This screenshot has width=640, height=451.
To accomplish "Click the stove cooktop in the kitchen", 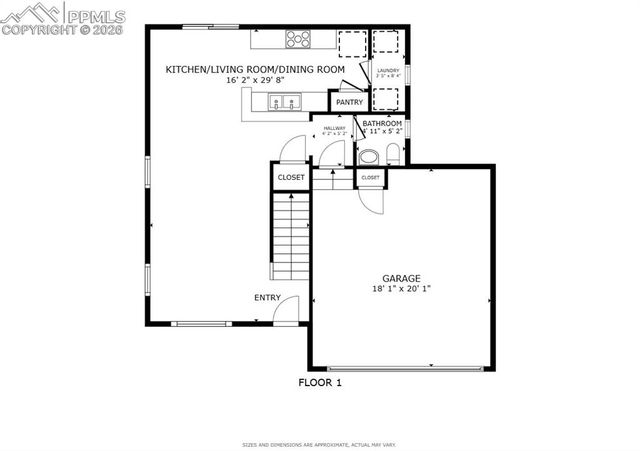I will [298, 40].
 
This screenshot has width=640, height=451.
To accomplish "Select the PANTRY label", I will [349, 102].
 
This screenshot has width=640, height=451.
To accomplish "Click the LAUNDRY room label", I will [388, 70].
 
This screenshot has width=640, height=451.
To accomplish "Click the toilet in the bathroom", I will [392, 155].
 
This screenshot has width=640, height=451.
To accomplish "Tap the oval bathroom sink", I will [368, 156].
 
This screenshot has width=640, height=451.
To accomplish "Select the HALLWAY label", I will [333, 127].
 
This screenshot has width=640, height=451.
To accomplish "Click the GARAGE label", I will [400, 278].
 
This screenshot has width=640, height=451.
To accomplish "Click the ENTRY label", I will [267, 297].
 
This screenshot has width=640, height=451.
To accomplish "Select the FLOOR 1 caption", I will [320, 381].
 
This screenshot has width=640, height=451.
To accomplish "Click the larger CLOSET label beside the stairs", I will [290, 177].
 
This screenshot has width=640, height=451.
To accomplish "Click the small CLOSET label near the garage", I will [370, 177].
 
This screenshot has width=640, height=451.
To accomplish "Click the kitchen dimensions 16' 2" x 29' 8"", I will [256, 80].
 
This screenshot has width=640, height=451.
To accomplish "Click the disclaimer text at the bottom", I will [320, 444].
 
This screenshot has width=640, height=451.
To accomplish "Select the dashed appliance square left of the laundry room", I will [353, 44].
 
